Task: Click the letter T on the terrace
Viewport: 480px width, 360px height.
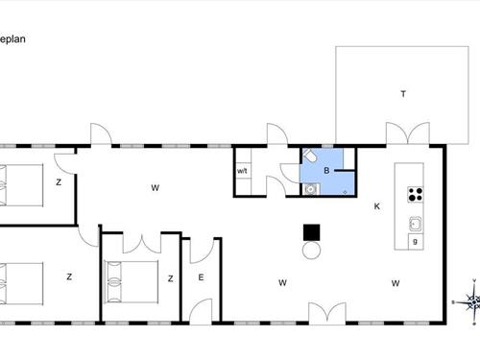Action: [x=403, y=93]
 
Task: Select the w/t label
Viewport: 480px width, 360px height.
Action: [x=243, y=173]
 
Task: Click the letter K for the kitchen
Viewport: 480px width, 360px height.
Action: [x=377, y=206]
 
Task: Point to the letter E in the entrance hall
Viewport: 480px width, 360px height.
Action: [x=201, y=277]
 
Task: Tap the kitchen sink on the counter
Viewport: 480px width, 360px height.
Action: [x=416, y=225]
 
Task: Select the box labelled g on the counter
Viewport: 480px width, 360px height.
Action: [x=415, y=242]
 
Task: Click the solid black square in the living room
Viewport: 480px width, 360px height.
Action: [x=311, y=232]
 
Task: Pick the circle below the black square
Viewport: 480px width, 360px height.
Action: [x=311, y=251]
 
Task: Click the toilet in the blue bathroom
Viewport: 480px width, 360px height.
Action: [x=310, y=156]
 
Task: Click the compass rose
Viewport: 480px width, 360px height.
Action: [x=470, y=302]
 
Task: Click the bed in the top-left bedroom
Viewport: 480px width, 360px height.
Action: [x=19, y=181]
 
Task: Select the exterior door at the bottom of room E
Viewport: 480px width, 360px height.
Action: [x=202, y=309]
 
